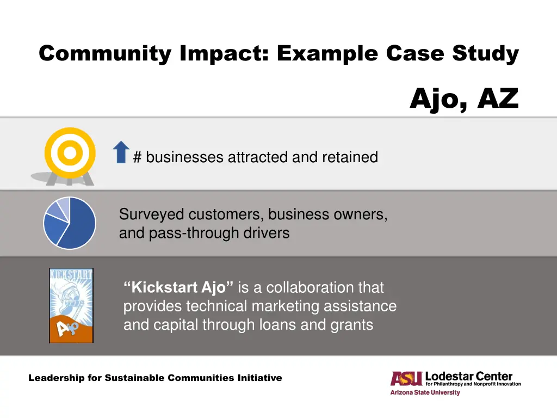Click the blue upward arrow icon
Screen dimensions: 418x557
pyautogui.click(x=121, y=152)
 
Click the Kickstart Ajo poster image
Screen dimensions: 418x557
pyautogui.click(x=71, y=305)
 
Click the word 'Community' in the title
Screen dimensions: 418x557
pyautogui.click(x=105, y=54)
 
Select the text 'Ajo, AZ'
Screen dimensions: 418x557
pyautogui.click(x=464, y=99)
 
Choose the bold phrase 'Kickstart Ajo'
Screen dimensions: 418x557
pyautogui.click(x=178, y=287)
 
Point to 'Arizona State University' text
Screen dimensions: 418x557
pyautogui.click(x=425, y=392)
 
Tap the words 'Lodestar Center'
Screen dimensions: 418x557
pyautogui.click(x=469, y=376)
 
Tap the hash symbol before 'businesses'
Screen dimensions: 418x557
pyautogui.click(x=138, y=157)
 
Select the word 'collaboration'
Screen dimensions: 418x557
pyautogui.click(x=308, y=287)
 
